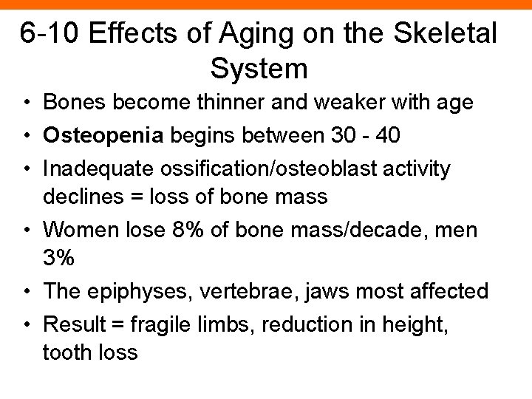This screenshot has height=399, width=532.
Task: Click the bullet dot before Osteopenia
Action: point(27,137)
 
